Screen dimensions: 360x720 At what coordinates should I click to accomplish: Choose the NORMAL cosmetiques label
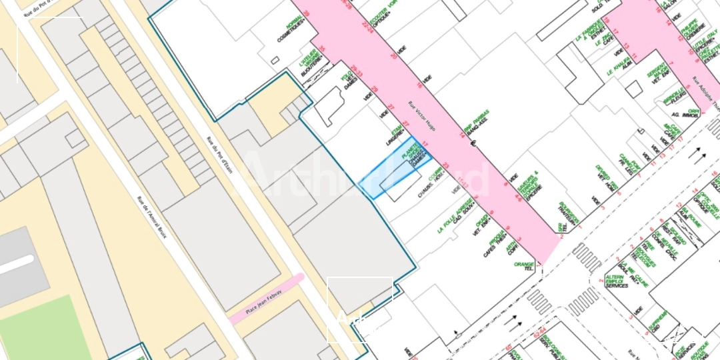point(295,31)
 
